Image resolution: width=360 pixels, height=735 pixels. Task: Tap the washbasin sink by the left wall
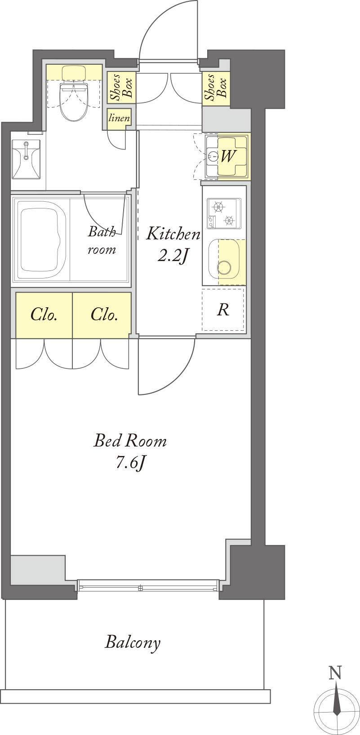click(26, 159)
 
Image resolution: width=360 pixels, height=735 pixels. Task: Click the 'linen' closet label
click(119, 118)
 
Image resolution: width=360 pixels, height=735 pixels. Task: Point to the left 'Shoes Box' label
click(121, 87)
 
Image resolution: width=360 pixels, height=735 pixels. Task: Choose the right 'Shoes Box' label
click(215, 87)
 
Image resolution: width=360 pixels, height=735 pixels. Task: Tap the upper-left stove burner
click(218, 207)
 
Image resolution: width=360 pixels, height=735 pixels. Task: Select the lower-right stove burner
click(229, 220)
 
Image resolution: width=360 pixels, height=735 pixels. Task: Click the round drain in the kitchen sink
click(224, 267)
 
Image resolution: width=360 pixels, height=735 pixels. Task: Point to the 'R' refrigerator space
click(223, 310)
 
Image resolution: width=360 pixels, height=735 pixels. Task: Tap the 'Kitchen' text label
click(173, 234)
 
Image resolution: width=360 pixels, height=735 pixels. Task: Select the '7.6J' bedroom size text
click(130, 463)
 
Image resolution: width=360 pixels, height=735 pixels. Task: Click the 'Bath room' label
click(102, 240)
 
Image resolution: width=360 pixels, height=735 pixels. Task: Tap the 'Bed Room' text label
click(130, 440)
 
